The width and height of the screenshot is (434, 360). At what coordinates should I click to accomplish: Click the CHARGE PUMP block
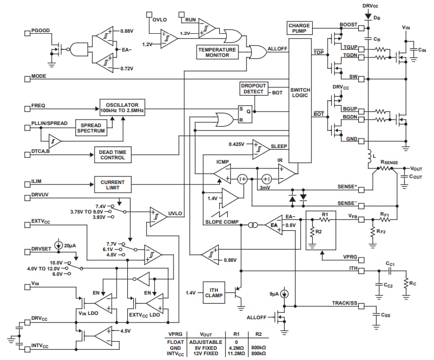point(300,28)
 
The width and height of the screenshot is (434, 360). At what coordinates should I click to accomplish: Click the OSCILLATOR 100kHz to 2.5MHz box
point(122,107)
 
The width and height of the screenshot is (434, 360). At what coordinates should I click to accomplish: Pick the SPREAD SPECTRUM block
point(91,128)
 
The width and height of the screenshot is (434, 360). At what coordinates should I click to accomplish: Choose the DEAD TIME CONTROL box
point(113,155)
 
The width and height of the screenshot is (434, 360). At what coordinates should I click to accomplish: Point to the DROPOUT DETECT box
point(252,89)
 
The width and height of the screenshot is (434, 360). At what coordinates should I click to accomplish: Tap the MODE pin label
point(39,76)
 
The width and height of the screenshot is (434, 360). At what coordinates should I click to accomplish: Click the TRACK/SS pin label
point(344,304)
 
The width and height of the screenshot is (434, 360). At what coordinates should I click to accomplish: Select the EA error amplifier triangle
point(274,225)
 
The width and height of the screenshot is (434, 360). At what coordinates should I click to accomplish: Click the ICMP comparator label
point(222,161)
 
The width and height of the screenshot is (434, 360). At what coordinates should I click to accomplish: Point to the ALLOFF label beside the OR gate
point(277,48)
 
